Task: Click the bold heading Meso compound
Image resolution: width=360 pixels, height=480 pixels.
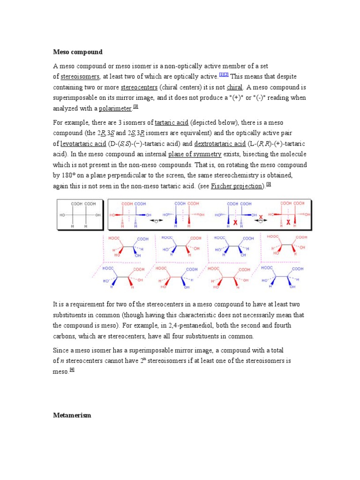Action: pyautogui.click(x=77, y=52)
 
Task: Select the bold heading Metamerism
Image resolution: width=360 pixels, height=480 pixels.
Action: pyautogui.click(x=72, y=415)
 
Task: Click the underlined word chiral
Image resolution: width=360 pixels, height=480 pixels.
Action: pyautogui.click(x=234, y=87)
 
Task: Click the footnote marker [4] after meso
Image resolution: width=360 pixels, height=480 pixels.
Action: pyautogui.click(x=72, y=369)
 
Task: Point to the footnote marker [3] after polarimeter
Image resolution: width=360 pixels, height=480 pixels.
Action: pyautogui.click(x=136, y=107)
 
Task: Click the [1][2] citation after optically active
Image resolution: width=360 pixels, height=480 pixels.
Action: pyautogui.click(x=224, y=75)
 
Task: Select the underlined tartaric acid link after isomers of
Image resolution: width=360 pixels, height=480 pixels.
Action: pyautogui.click(x=172, y=122)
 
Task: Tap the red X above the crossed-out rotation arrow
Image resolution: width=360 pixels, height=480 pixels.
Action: pyautogui.click(x=261, y=216)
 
